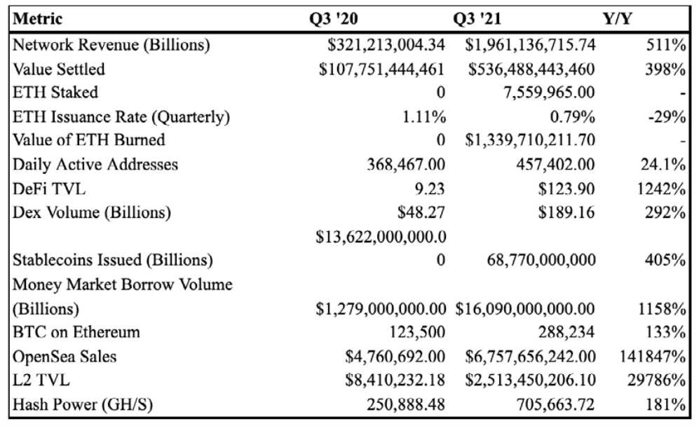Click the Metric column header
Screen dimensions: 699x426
[x=37, y=19]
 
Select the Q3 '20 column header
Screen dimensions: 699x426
[x=334, y=19]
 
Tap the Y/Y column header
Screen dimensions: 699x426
[x=618, y=19]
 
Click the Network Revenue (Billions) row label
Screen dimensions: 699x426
[x=111, y=45]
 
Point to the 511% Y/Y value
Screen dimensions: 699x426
[x=665, y=45]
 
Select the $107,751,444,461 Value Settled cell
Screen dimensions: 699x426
[x=381, y=69]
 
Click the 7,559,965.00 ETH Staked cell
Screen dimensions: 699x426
[x=549, y=92]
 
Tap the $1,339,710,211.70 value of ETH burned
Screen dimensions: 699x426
[x=530, y=140]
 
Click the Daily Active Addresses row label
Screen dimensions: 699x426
[x=95, y=165]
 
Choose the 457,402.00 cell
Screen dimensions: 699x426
[x=555, y=165]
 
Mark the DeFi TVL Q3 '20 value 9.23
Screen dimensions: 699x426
[x=430, y=189]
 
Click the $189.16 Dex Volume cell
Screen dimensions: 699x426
[x=566, y=212]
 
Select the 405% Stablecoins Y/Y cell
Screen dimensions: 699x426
[x=665, y=260]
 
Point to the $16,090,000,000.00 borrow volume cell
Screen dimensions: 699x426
[x=525, y=309]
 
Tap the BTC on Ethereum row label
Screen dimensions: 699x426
[x=76, y=332]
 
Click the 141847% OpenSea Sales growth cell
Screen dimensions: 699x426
[x=652, y=357]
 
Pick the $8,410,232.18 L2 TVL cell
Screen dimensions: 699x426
[x=395, y=380]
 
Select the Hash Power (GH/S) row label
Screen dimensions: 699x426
[x=83, y=404]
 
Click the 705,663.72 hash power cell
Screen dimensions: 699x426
[x=555, y=404]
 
